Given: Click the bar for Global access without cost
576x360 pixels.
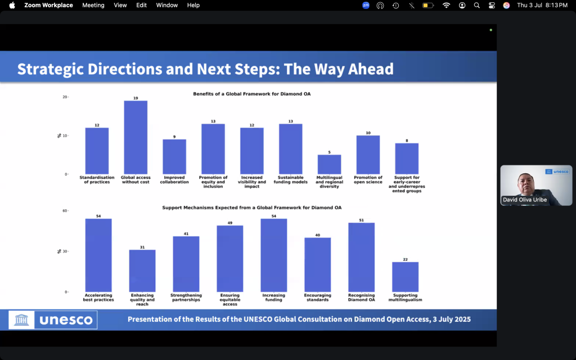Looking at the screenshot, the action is coord(136,137).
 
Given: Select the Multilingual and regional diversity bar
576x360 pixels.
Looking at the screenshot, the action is coord(329,165).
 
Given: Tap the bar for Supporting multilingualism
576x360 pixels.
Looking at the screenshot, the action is coord(405,277).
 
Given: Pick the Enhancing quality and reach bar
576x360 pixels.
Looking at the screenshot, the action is coord(142,271).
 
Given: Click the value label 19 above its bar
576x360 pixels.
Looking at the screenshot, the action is coord(136,98).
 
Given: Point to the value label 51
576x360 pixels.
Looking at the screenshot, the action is coord(362,220).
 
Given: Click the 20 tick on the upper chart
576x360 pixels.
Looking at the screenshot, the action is coord(65,97).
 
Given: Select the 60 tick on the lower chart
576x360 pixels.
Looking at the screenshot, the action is coord(65,211).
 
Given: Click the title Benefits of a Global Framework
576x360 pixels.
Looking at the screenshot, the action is coord(251,94).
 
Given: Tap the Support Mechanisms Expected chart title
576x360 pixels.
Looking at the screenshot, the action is coord(251,208).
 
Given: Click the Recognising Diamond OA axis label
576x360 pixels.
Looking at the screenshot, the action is coord(362,298).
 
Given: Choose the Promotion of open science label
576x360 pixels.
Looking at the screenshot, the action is coord(368,179).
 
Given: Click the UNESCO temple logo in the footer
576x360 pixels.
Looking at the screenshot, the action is coord(21,319).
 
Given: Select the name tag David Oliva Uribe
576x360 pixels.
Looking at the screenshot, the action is coord(525,200).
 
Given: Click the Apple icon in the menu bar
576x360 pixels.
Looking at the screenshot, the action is coord(12,5).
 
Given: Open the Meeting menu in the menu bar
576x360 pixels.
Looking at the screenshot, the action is coord(93,5).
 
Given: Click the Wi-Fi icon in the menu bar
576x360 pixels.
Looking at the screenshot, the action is coord(446,5).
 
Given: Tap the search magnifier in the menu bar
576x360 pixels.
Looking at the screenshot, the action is coord(477,5).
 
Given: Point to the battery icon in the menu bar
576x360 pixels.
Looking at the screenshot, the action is coord(428,5).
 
